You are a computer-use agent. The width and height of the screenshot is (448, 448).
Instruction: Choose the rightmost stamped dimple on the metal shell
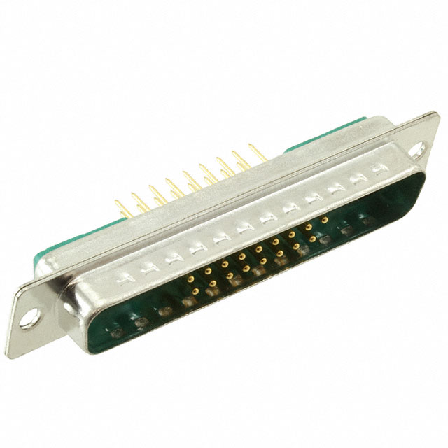pyautogui.click(x=381, y=169)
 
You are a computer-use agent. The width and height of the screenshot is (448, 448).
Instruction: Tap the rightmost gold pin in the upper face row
pyautogui.click(x=325, y=219)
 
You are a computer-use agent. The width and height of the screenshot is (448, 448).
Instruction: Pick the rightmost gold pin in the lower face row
pyautogui.click(x=311, y=238)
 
